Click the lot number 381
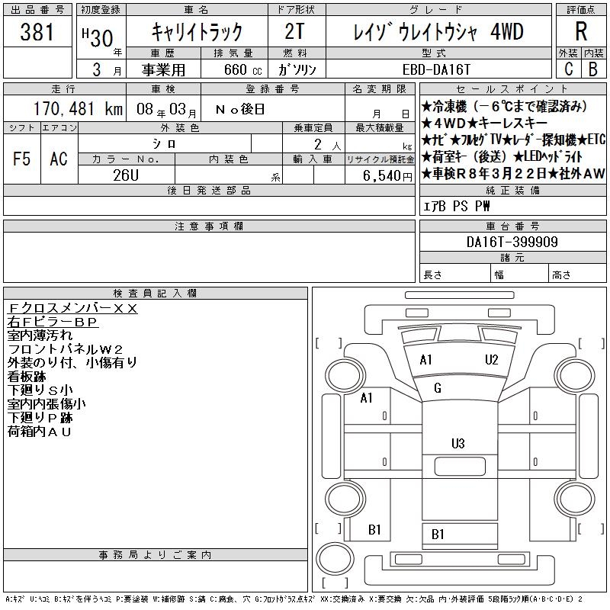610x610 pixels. (x=37, y=32)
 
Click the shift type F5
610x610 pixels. (x=21, y=159)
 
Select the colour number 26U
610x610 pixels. (x=126, y=175)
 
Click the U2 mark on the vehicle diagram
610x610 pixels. (x=492, y=359)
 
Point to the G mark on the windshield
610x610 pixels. (x=438, y=388)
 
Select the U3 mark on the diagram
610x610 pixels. (x=458, y=443)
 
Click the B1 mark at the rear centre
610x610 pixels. (x=438, y=535)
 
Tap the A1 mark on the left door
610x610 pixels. (x=367, y=398)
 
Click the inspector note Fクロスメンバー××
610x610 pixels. (x=72, y=308)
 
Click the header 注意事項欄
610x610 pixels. (x=209, y=226)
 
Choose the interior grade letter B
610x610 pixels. (x=592, y=69)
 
